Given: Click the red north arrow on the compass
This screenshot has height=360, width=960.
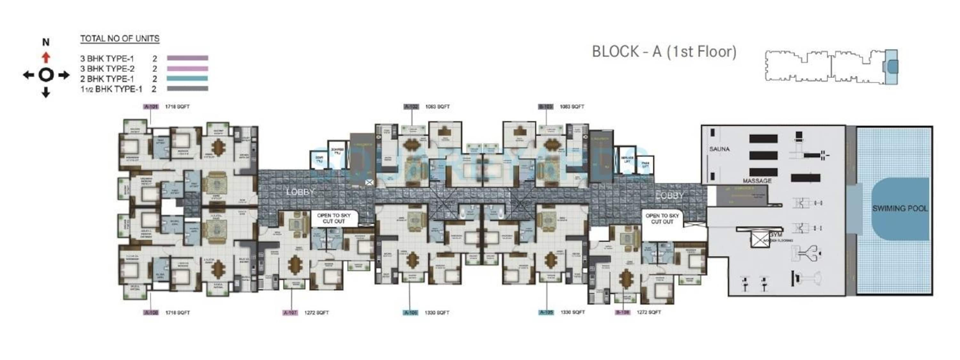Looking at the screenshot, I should (x=46, y=57).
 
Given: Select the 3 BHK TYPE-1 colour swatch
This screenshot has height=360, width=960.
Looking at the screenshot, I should (x=188, y=58).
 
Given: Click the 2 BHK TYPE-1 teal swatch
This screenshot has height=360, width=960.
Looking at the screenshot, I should (x=188, y=79).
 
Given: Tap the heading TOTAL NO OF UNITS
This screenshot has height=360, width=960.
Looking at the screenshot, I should (x=120, y=39).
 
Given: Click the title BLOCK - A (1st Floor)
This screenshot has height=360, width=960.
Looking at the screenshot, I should (x=664, y=52).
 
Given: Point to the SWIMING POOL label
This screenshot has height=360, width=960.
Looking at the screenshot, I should (x=900, y=209).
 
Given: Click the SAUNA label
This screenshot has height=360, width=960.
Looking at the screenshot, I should (x=719, y=149).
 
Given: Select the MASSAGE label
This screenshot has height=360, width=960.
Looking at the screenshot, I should (x=757, y=181).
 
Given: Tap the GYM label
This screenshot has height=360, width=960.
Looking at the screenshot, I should (x=776, y=235).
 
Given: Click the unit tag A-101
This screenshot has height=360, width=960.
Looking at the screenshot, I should (x=151, y=107).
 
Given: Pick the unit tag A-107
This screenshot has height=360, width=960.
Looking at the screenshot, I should (x=290, y=313).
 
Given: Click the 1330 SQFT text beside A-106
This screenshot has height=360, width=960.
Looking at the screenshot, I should (x=437, y=313).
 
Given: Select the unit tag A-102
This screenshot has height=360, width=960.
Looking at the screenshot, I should (x=412, y=107).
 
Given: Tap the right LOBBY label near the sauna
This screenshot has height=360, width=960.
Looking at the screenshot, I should (x=669, y=196).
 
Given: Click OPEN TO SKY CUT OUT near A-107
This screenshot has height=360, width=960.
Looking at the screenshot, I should (x=333, y=218).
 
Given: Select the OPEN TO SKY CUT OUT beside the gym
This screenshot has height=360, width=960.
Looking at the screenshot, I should (x=662, y=219).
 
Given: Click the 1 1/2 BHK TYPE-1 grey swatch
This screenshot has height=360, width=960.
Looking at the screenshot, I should (x=188, y=89).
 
